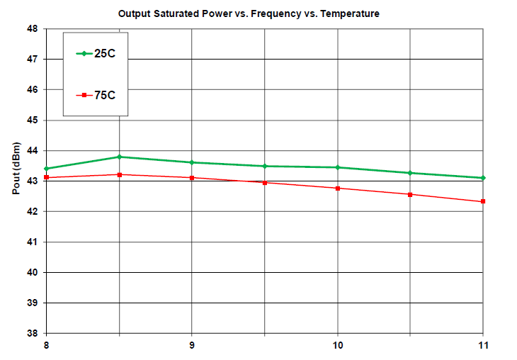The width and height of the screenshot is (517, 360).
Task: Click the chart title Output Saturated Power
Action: pos(175,14)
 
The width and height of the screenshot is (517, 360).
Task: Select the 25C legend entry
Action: pos(96,53)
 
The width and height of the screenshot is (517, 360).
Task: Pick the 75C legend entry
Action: pos(96,95)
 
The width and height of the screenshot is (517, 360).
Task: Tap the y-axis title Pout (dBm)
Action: pos(16,168)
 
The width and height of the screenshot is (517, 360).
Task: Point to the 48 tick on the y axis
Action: pos(33,29)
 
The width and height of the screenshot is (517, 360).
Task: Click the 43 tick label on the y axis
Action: pos(33,181)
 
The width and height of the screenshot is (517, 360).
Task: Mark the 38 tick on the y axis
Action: pos(33,333)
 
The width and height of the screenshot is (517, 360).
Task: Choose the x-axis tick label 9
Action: pos(192,345)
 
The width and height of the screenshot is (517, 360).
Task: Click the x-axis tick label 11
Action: pos(484,345)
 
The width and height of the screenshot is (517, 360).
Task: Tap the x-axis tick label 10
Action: pos(338,345)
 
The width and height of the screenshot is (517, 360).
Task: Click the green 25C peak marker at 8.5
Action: pos(120,157)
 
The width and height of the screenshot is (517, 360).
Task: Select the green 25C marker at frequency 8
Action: pos(47,169)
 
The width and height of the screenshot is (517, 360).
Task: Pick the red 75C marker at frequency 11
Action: pos(483,201)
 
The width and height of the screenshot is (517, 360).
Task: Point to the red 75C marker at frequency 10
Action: pos(338,189)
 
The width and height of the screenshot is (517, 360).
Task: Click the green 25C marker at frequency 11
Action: pos(483,178)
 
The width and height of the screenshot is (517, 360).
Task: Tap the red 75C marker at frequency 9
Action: pos(192,178)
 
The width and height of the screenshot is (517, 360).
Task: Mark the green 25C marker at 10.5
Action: pos(410,173)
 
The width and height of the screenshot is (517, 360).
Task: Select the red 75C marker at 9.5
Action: pos(265,182)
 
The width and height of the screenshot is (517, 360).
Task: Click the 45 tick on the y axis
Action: pos(33,120)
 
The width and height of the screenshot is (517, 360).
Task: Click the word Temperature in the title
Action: pos(350,14)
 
